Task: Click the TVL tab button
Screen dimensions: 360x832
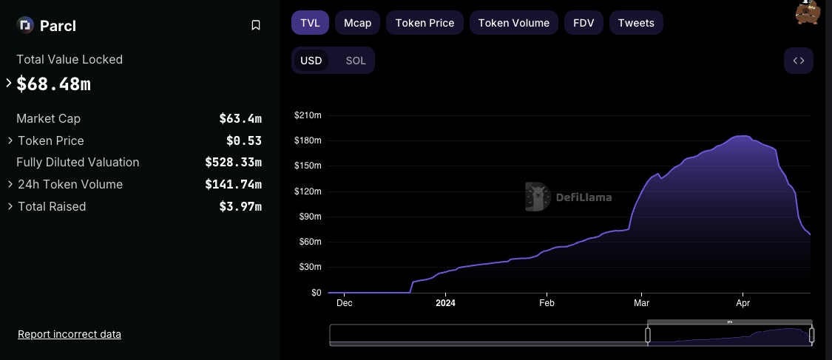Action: pyautogui.click(x=310, y=23)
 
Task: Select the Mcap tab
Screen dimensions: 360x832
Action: pyautogui.click(x=357, y=23)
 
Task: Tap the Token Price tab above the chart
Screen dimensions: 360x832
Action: pyautogui.click(x=425, y=23)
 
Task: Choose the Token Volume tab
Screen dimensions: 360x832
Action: pyautogui.click(x=513, y=23)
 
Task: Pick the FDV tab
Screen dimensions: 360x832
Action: pyautogui.click(x=584, y=23)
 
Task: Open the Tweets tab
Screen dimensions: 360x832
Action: pyautogui.click(x=636, y=23)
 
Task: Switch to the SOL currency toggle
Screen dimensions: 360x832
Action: pyautogui.click(x=356, y=61)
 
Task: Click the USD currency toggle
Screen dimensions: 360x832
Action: pyautogui.click(x=311, y=61)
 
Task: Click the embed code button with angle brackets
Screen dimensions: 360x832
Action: pyautogui.click(x=798, y=61)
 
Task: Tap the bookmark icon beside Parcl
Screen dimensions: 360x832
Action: pyautogui.click(x=256, y=26)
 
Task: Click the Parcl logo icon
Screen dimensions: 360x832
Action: pyautogui.click(x=25, y=26)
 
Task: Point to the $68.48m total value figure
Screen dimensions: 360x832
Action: pyautogui.click(x=53, y=84)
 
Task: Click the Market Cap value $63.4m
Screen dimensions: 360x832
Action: pyautogui.click(x=240, y=118)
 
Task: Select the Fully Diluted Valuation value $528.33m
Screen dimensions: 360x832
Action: pyautogui.click(x=233, y=162)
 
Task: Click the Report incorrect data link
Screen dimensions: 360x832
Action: pyautogui.click(x=70, y=334)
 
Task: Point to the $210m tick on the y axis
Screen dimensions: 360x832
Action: pyautogui.click(x=307, y=115)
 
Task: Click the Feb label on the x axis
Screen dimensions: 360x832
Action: pyautogui.click(x=547, y=302)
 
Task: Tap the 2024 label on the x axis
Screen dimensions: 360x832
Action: pyautogui.click(x=445, y=302)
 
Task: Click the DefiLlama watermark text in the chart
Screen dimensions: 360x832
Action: pyautogui.click(x=584, y=197)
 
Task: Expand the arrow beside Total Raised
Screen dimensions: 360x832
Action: pyautogui.click(x=10, y=206)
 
